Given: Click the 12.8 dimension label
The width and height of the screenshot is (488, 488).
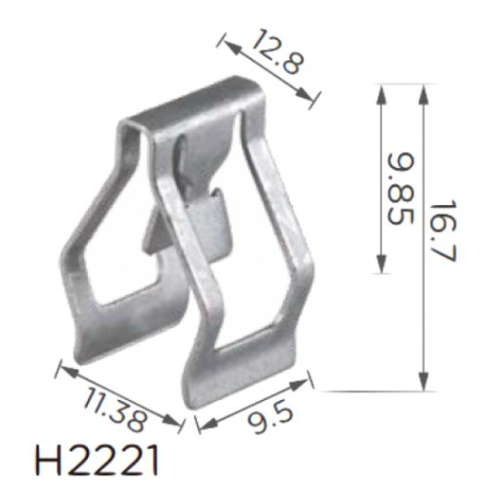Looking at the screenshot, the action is coord(277,52).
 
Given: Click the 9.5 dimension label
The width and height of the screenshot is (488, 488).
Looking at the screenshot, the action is coord(270,419).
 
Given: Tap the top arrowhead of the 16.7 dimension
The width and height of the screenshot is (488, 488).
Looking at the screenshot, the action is coord(423,95).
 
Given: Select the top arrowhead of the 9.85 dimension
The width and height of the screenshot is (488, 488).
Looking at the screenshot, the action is coord(382,95).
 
